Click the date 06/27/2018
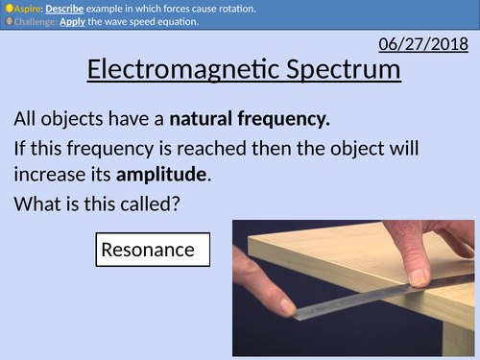[424, 44]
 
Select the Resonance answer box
[148, 251]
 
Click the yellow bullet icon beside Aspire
[7, 9]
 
